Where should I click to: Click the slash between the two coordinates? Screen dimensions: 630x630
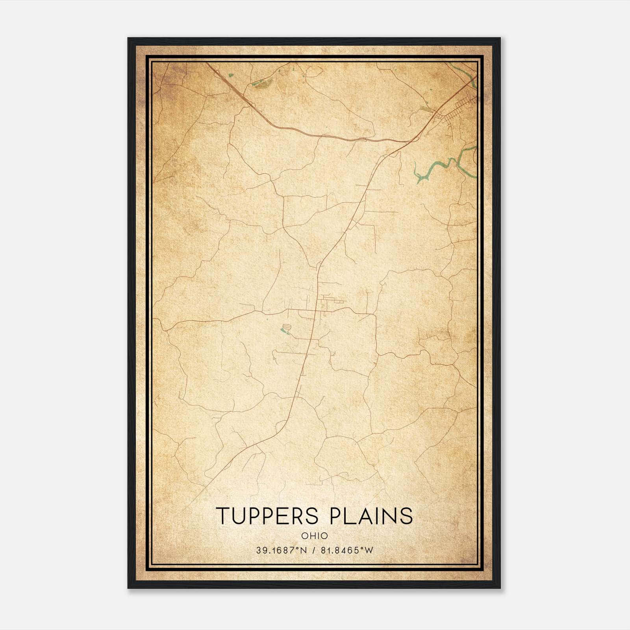point(313,550)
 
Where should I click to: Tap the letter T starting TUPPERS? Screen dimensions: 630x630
point(223,515)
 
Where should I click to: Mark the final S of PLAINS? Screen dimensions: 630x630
point(407,515)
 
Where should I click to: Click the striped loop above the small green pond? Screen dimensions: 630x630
point(287,327)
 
